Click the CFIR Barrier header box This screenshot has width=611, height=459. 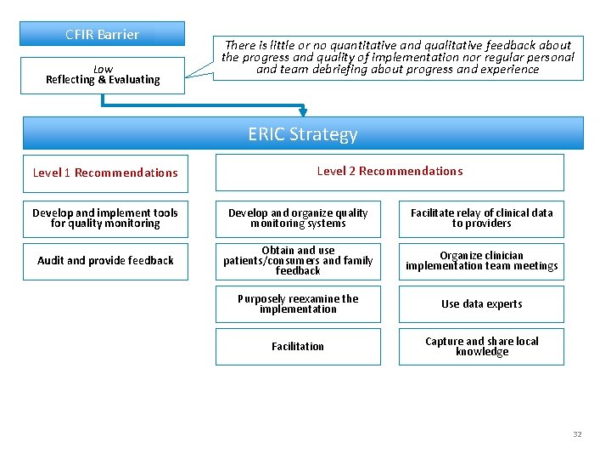pyautogui.click(x=102, y=34)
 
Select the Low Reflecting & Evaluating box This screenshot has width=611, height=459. pyautogui.click(x=102, y=75)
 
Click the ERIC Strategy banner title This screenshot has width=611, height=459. pyautogui.click(x=303, y=134)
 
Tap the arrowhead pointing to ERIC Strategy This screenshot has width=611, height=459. pyautogui.click(x=303, y=111)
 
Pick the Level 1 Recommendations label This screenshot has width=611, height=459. pyautogui.click(x=105, y=173)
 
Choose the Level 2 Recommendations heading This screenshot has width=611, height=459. pyautogui.click(x=390, y=171)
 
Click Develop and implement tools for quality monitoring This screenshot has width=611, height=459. pyautogui.click(x=105, y=218)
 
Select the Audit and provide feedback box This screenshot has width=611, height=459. pyautogui.click(x=105, y=261)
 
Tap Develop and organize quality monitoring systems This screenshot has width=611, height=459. pyautogui.click(x=298, y=218)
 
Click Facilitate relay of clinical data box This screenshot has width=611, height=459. pyautogui.click(x=481, y=218)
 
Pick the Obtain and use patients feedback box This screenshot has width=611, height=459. pyautogui.click(x=298, y=261)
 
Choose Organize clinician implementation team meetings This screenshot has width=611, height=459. pyautogui.click(x=481, y=261)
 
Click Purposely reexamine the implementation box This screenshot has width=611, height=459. pyautogui.click(x=298, y=304)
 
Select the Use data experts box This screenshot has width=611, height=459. pyautogui.click(x=481, y=304)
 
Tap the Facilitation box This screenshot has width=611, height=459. pyautogui.click(x=298, y=347)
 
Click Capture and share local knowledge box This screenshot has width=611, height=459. pyautogui.click(x=481, y=347)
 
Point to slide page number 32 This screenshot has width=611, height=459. pyautogui.click(x=577, y=434)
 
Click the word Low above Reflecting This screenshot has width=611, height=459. pyautogui.click(x=103, y=69)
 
